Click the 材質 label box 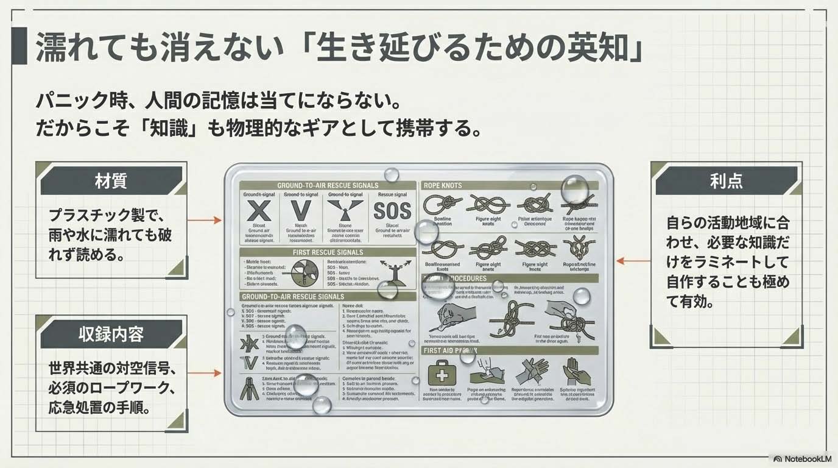111,181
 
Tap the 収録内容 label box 111,334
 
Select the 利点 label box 726,181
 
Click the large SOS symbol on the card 392,211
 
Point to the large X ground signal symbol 261,211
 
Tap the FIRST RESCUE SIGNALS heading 328,252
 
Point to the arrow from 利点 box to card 633,261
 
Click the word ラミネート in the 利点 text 747,262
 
